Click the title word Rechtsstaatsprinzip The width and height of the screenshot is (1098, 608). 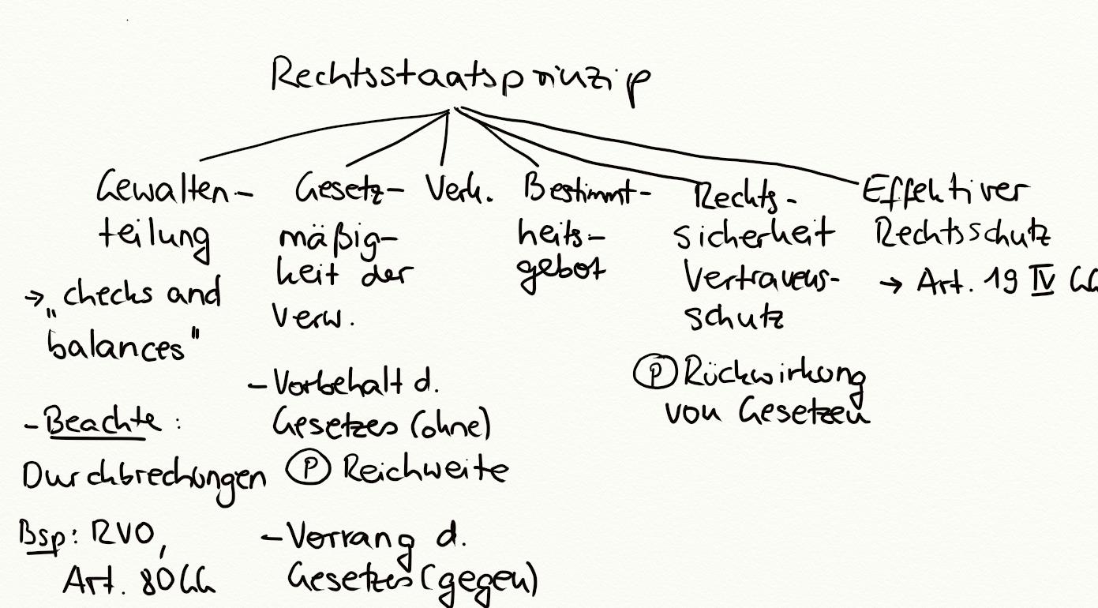coord(462,79)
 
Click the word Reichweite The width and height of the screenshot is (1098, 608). coord(426,471)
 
